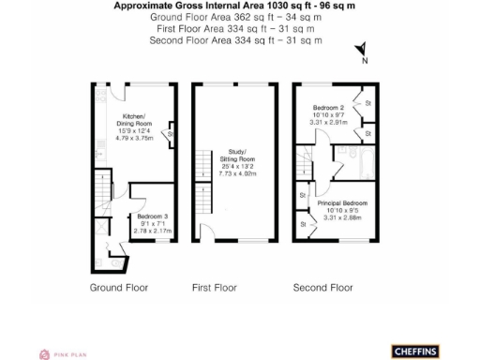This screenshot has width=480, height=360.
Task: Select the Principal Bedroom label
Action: (x=341, y=203)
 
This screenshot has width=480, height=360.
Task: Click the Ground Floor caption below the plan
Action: (x=119, y=287)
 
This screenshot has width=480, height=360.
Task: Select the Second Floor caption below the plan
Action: (x=323, y=287)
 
